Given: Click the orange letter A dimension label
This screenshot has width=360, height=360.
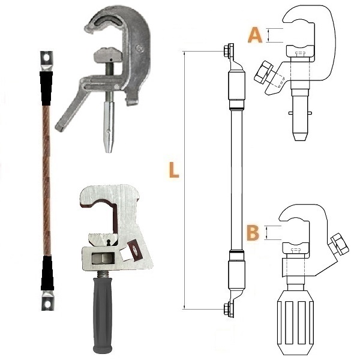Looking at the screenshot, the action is point(255,35).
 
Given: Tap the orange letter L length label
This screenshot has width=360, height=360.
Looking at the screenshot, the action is point(174,170).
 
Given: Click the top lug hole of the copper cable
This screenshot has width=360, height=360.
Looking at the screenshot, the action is point(47,58).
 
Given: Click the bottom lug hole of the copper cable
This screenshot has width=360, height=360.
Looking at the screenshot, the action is point(47,304).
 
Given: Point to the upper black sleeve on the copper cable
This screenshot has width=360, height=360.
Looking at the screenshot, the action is point(46,88).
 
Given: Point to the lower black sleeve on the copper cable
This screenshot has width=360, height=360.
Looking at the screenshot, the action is point(47,273).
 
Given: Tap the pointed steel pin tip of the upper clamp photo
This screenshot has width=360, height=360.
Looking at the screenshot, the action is point(109,147).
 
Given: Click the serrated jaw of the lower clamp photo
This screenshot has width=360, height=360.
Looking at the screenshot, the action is point(104,238).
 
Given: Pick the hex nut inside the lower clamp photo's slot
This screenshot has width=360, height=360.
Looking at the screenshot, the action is point(103,259).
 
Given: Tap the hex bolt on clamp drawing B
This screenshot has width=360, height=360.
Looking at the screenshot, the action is point(338,244).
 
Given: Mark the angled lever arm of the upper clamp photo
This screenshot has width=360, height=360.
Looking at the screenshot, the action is point(72,110).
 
